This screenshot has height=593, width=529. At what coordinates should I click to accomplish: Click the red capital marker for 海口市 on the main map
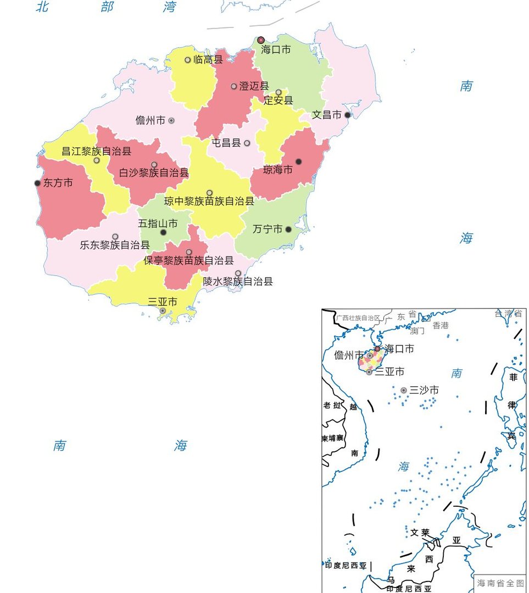261,40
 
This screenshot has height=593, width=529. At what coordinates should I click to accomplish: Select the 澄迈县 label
254,86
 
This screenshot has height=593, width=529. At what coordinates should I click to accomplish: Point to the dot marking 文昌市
347,115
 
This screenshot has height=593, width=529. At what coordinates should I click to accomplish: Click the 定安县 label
278,100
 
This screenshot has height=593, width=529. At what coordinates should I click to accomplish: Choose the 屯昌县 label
226,143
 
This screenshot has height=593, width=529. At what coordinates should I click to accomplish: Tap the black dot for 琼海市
298,161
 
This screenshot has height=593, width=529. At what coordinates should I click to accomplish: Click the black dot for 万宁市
288,230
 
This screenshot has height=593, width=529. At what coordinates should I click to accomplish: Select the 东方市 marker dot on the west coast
37,183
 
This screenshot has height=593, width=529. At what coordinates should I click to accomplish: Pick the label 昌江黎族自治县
96,151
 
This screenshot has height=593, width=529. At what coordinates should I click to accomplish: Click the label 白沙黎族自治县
154,172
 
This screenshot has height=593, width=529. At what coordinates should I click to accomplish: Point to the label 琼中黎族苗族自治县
209,202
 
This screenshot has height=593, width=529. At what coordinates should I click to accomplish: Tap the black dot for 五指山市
163,232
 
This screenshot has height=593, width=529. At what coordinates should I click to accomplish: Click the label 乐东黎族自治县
114,245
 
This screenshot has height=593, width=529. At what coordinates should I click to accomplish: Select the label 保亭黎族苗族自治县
188,260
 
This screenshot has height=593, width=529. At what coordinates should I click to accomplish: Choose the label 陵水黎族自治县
237,282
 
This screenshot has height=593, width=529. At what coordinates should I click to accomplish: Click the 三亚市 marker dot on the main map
163,311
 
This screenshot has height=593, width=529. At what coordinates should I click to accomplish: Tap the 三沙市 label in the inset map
424,390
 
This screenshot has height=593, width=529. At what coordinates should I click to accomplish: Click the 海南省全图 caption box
500,583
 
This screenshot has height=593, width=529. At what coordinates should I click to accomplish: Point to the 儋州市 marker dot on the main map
171,120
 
